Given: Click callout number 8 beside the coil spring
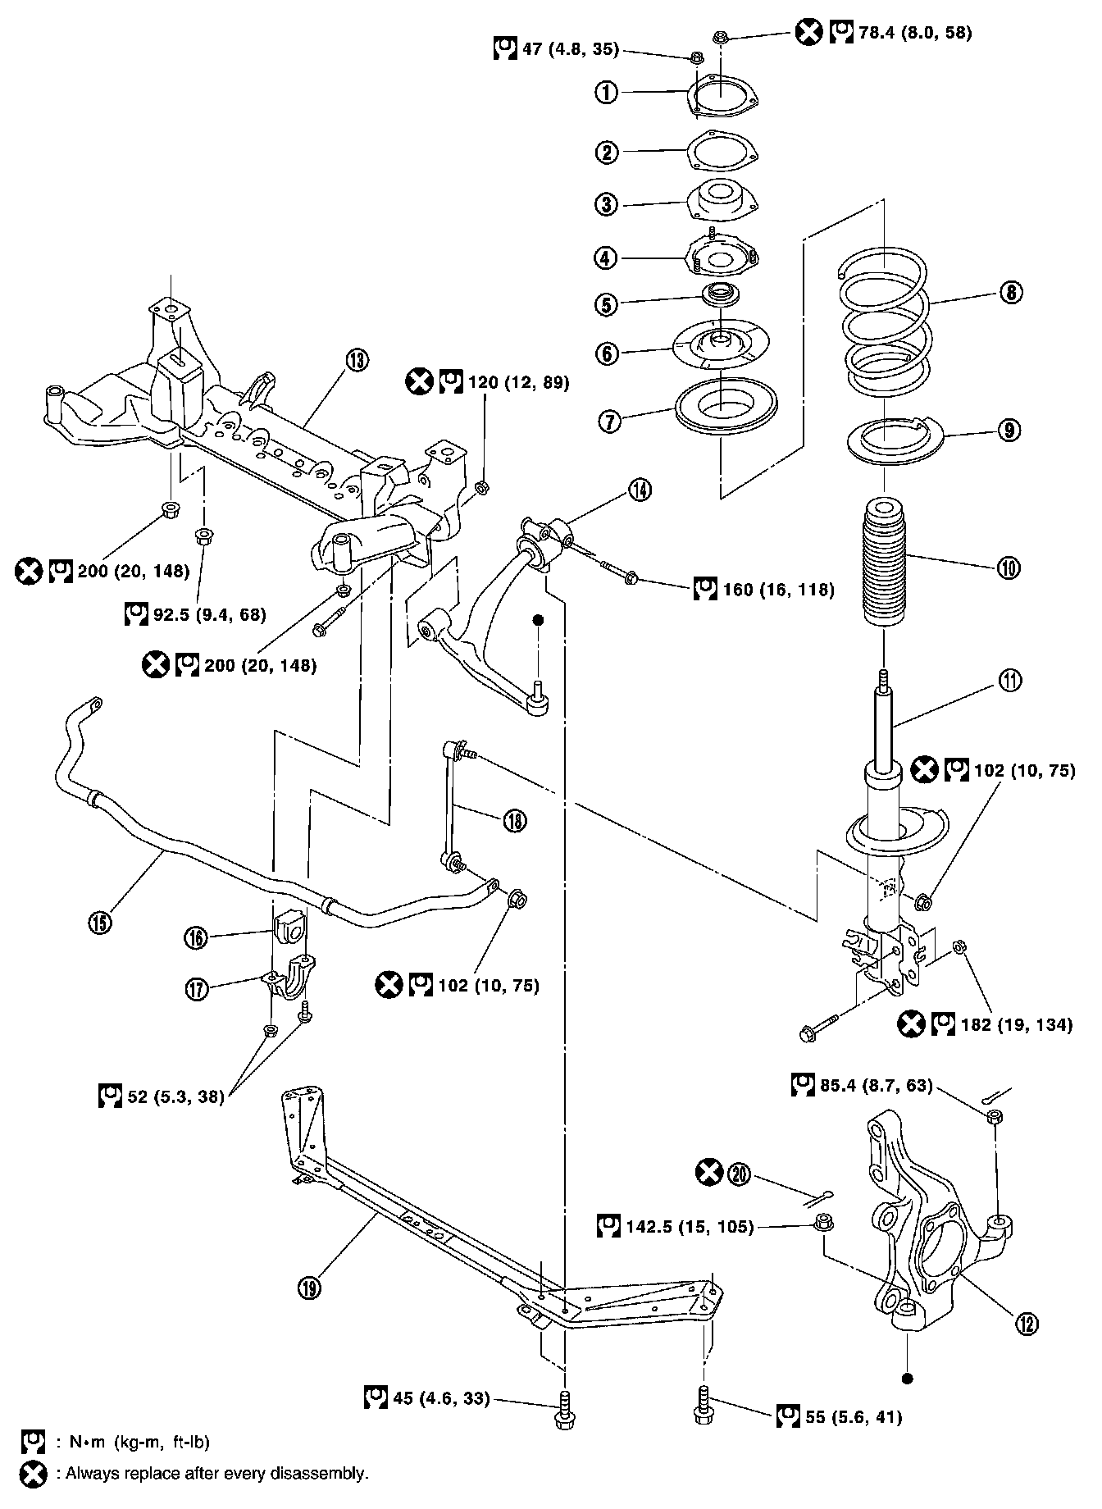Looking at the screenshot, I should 1012,292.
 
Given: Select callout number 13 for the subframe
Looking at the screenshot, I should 357,359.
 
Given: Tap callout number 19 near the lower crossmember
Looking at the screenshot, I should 309,1287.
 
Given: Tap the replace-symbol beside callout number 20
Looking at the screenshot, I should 709,1174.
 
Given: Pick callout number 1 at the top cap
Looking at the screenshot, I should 606,92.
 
